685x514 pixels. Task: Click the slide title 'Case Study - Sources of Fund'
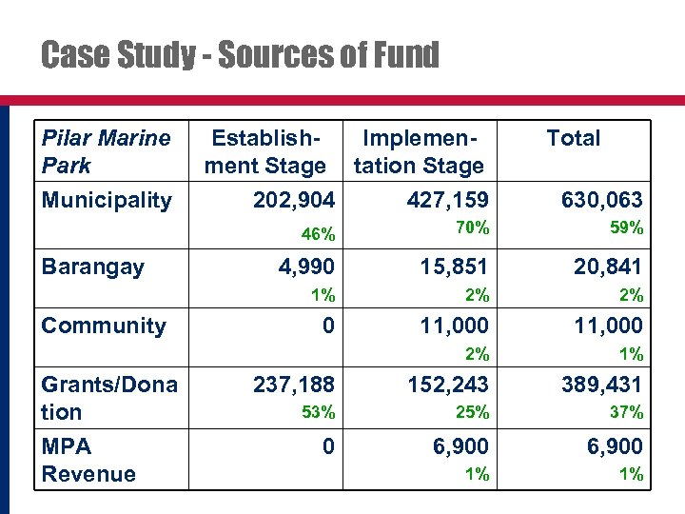[240, 56]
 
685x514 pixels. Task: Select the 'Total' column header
[573, 138]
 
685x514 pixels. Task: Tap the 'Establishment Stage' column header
[264, 151]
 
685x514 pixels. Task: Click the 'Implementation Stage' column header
[419, 151]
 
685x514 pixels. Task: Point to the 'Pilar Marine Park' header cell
[106, 151]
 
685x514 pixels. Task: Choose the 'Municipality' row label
[107, 200]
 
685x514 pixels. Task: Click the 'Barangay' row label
[92, 266]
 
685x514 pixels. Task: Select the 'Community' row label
[104, 326]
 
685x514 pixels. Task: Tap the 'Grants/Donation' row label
[109, 398]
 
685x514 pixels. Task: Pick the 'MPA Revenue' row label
[88, 460]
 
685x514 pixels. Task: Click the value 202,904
[294, 200]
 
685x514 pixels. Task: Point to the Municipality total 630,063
[602, 200]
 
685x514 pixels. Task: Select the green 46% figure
[318, 234]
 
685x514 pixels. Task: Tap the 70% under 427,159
[472, 227]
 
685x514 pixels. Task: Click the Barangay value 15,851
[455, 267]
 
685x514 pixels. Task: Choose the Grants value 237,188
[294, 384]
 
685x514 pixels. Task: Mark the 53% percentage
[318, 412]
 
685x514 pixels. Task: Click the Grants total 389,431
[602, 384]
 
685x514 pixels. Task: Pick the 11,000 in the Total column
[608, 326]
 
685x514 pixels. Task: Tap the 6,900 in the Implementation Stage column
[460, 445]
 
